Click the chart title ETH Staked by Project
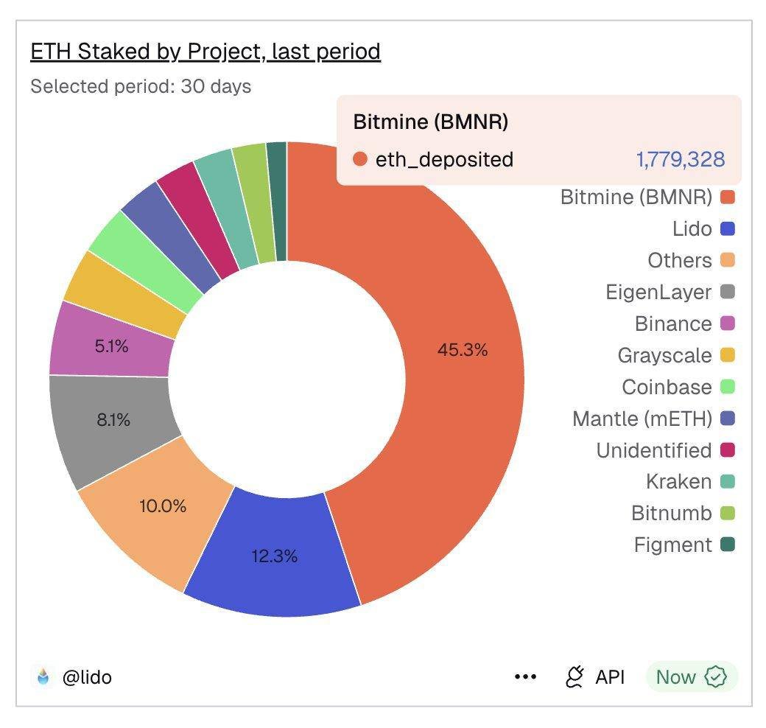coord(205,52)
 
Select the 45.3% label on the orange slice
coord(463,350)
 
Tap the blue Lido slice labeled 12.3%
coord(274,556)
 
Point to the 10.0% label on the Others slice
coord(162,506)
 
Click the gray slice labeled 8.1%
coord(113,420)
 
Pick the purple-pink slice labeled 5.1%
coord(111,346)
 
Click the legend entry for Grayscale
coord(664,356)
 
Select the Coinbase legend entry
coord(667,388)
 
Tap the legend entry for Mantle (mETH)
coord(642,419)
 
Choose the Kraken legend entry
coord(678,482)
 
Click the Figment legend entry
coord(672,545)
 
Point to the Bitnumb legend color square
coord(728,514)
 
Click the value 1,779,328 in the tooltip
coord(680,159)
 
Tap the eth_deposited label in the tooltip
coord(443,159)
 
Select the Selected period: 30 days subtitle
coord(141,86)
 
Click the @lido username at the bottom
coord(86,676)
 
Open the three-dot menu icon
coord(525,676)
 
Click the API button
coord(595,676)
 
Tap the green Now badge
coord(691,676)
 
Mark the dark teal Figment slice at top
coord(277,200)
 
